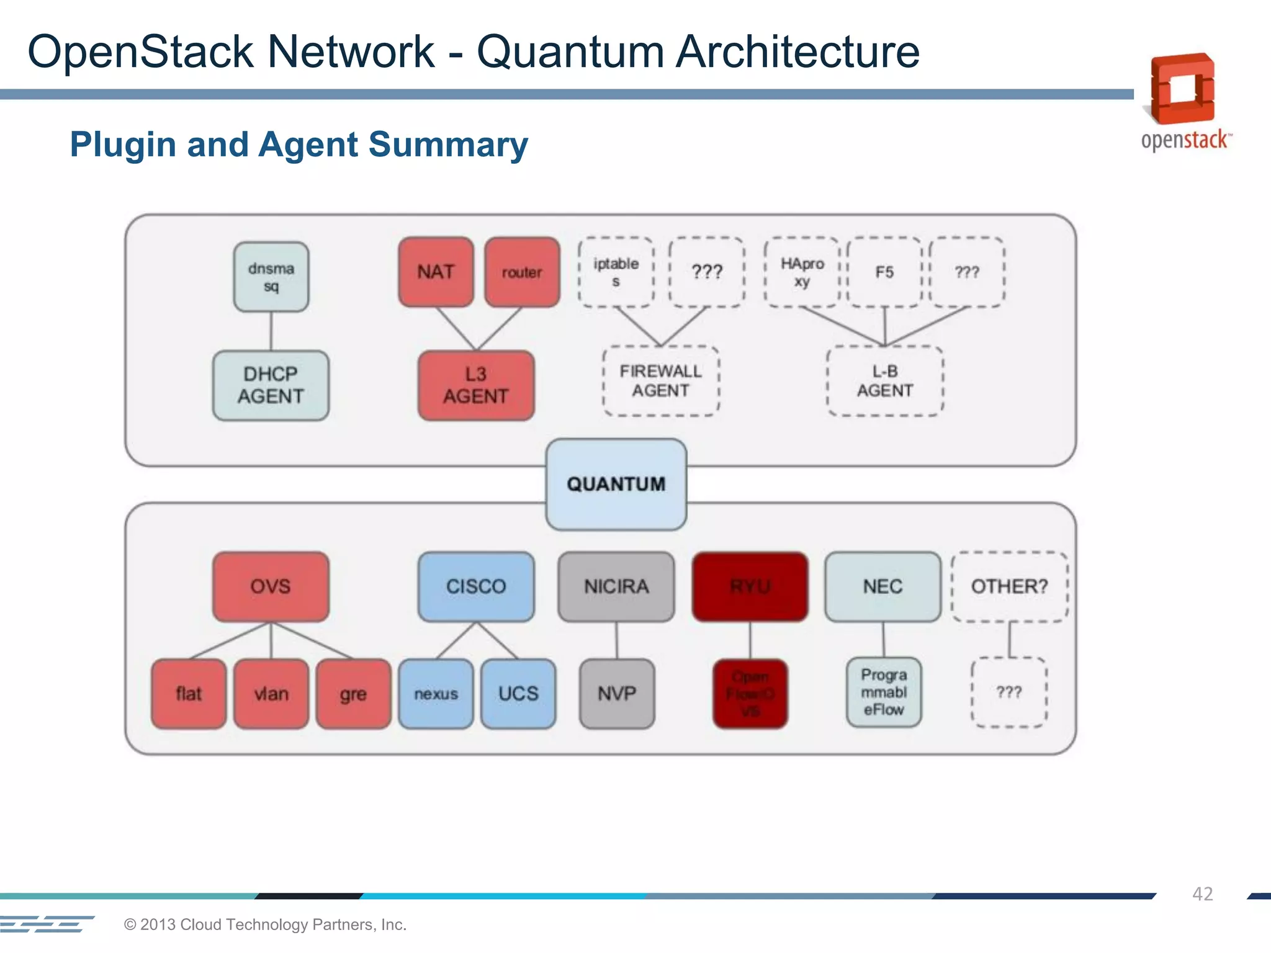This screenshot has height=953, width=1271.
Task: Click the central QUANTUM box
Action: coord(616,484)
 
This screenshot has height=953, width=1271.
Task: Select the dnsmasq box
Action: coord(271,277)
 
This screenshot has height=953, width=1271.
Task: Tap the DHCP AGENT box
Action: coord(271,385)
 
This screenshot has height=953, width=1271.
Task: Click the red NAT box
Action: coord(436,272)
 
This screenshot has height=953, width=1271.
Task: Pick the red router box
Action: coord(522,272)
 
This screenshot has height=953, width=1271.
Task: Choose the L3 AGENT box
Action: coord(476,385)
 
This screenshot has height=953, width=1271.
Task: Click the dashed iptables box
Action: coord(616,272)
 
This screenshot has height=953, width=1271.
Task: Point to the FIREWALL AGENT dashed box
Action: coord(661,380)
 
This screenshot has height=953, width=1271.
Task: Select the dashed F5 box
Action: coord(884,272)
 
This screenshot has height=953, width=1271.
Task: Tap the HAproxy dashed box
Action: coord(802,272)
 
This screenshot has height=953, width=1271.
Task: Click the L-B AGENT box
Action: coord(885,380)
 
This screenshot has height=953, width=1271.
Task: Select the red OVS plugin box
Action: coord(271,586)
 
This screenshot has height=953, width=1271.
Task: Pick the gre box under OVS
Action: coord(353,693)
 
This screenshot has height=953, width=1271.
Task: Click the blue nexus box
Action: coord(436,693)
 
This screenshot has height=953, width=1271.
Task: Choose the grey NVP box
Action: coord(617,693)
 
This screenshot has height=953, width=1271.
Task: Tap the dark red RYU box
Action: coord(750,586)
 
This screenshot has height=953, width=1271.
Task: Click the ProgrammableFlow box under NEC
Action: coord(884,692)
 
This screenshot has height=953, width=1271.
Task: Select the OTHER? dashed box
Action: coord(1009,586)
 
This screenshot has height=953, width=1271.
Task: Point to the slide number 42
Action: coord(1202,893)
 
